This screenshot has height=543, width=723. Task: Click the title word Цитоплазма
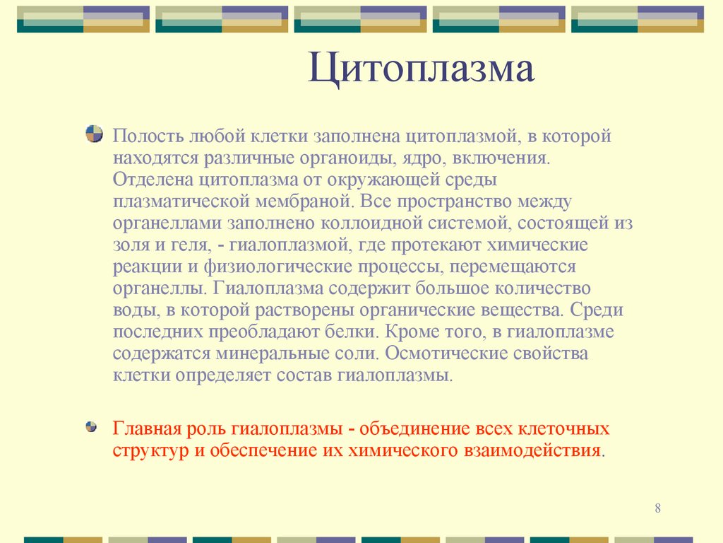pyautogui.click(x=421, y=71)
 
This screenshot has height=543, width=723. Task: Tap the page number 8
pyautogui.click(x=658, y=509)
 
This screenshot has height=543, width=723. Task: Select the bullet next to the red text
pyautogui.click(x=91, y=427)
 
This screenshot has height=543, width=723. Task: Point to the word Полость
pyautogui.click(x=147, y=136)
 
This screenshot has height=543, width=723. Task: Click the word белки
pyautogui.click(x=357, y=332)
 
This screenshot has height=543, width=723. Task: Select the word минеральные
pyautogui.click(x=267, y=354)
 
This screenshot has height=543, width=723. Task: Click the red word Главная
pyautogui.click(x=146, y=428)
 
